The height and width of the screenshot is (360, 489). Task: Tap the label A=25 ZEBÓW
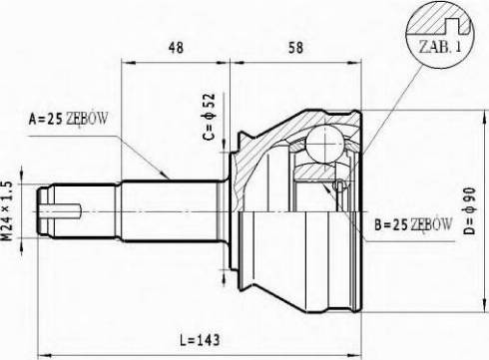click(x=66, y=119)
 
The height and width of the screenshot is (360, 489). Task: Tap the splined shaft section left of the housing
click(x=170, y=209)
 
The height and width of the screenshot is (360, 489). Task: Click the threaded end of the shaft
click(x=45, y=209)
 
